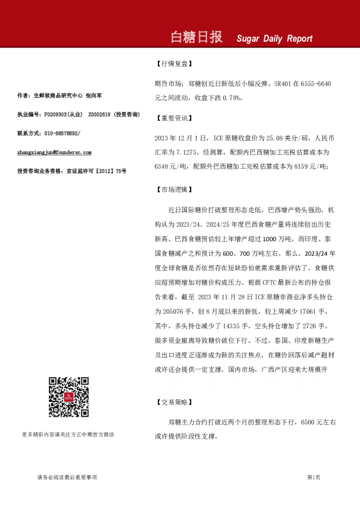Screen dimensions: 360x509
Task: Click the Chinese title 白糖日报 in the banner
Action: (x=197, y=37)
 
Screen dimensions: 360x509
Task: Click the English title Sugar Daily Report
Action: (x=275, y=39)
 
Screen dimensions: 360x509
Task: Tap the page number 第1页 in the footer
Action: (x=313, y=477)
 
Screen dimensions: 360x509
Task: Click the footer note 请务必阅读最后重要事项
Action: (x=67, y=477)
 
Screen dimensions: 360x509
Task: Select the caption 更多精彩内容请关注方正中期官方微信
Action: (x=68, y=434)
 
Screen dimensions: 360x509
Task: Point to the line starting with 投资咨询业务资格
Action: (x=72, y=172)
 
